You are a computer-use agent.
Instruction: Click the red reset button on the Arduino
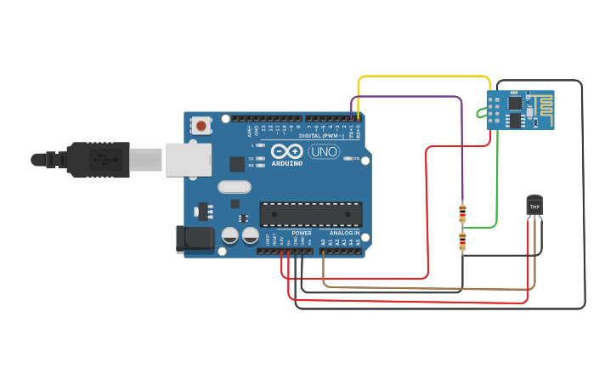click(201, 126)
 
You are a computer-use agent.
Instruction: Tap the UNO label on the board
click(324, 151)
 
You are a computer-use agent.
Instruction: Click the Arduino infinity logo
click(287, 151)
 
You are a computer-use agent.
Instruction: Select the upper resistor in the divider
click(462, 212)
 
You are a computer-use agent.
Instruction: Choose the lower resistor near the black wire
click(462, 242)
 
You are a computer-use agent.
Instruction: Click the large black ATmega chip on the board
click(311, 214)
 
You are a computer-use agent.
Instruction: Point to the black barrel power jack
click(194, 239)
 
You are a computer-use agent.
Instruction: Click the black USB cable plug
click(98, 159)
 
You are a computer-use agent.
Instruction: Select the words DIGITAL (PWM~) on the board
click(321, 135)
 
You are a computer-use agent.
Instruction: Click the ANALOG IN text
click(344, 232)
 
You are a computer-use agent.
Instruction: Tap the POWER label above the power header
click(302, 232)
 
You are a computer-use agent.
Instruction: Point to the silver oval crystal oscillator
click(235, 187)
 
